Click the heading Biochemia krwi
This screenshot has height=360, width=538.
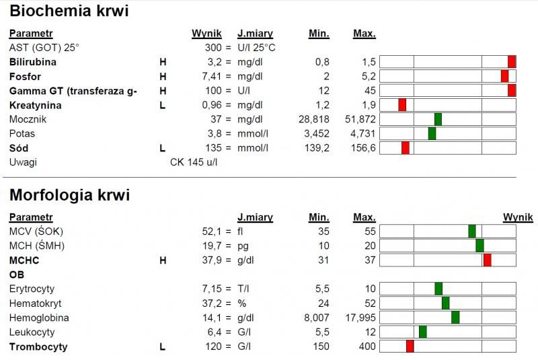[x=69, y=11]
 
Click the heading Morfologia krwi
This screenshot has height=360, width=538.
[x=69, y=195]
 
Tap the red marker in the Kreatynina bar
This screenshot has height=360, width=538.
[x=402, y=105]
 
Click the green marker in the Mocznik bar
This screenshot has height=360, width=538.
[x=438, y=119]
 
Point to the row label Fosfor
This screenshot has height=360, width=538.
[x=25, y=76]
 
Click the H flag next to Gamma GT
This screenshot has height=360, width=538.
[x=162, y=91]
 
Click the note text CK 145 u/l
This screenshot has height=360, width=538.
[x=194, y=162]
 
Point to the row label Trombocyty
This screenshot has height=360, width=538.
[x=38, y=347]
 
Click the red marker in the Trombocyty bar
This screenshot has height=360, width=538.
[x=410, y=347]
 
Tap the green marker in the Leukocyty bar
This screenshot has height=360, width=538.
[x=422, y=332]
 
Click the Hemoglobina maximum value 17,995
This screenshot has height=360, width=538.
[x=360, y=318]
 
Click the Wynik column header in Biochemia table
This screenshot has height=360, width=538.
[x=206, y=33]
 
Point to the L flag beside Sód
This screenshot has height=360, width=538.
[x=162, y=147]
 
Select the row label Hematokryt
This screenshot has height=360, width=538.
[x=34, y=303]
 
